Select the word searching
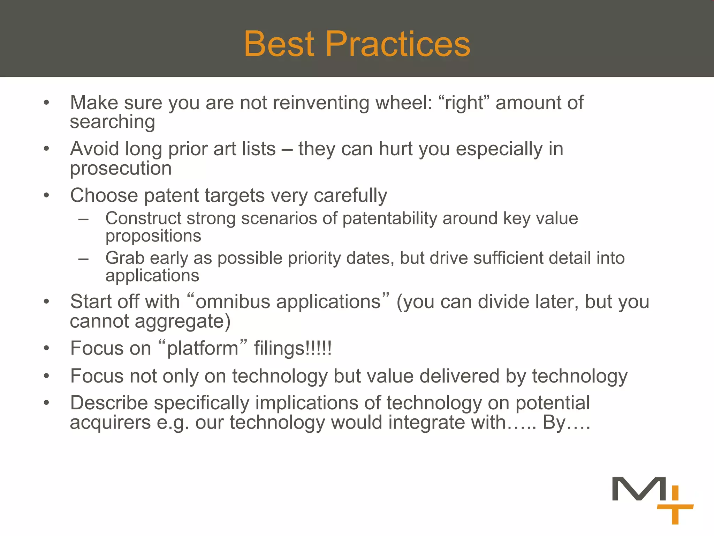(112, 122)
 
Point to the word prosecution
(121, 169)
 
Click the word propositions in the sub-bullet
(153, 236)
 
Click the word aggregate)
(183, 321)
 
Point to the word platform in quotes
(203, 349)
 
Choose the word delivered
(459, 376)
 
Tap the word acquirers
(110, 423)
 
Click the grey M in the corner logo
(639, 489)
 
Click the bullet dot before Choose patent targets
(46, 195)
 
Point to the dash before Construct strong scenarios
(83, 219)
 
